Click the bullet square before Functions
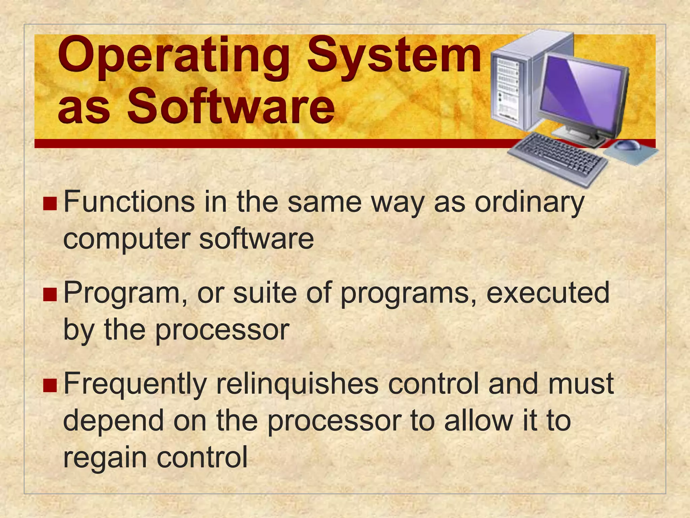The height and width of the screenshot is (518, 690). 50,204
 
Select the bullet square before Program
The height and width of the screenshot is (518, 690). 50,294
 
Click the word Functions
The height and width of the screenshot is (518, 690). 129,202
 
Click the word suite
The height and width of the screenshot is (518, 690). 265,293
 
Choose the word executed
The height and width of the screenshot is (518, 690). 548,293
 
